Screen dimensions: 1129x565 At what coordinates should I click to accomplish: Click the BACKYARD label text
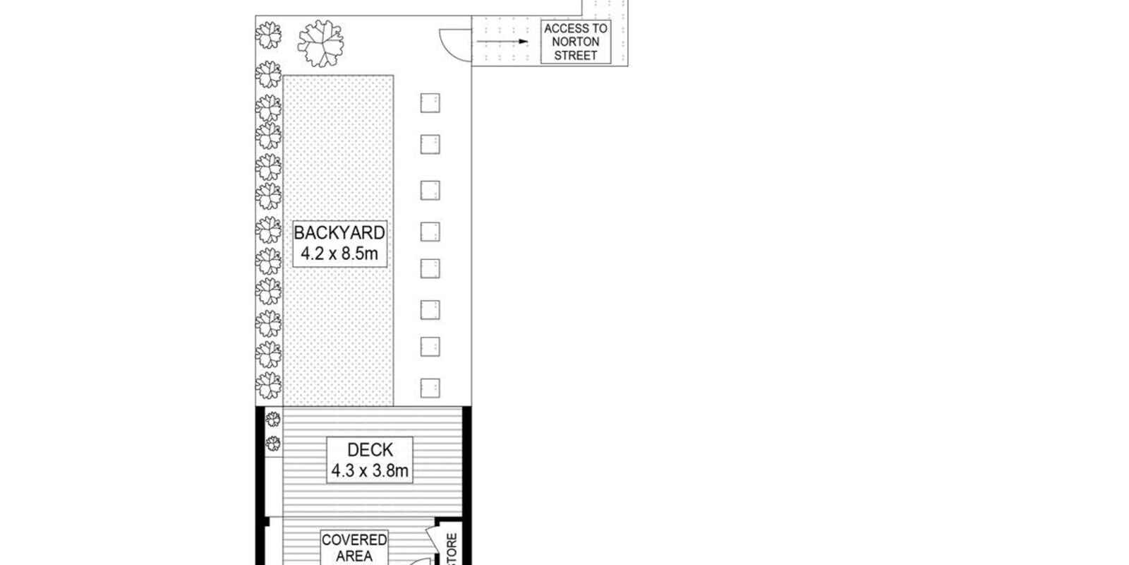(339, 233)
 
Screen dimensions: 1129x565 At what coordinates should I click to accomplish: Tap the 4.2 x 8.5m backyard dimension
(339, 254)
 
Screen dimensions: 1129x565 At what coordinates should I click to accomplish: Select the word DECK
(370, 450)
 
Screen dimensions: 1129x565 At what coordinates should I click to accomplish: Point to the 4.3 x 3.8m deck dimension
(370, 470)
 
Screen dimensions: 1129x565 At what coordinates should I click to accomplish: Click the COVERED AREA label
(354, 548)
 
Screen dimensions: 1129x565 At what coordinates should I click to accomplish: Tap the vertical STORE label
(452, 549)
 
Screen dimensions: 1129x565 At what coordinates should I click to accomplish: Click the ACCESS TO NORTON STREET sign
(576, 42)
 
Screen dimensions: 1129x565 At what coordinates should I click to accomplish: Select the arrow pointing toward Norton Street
(502, 42)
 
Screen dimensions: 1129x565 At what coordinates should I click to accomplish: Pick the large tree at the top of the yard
(320, 43)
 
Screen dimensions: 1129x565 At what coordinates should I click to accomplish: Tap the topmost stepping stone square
(430, 103)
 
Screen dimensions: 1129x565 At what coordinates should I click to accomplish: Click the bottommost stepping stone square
(430, 388)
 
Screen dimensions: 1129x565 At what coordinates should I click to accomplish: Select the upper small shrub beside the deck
(273, 419)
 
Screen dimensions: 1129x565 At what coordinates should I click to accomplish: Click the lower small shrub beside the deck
(273, 444)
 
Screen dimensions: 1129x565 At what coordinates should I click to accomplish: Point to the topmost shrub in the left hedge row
(268, 35)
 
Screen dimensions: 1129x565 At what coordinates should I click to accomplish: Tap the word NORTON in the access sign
(576, 42)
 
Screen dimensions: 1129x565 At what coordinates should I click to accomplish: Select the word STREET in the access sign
(576, 56)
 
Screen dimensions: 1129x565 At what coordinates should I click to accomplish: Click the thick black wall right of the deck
(466, 462)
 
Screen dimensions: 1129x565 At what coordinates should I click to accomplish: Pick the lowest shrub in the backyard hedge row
(268, 386)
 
